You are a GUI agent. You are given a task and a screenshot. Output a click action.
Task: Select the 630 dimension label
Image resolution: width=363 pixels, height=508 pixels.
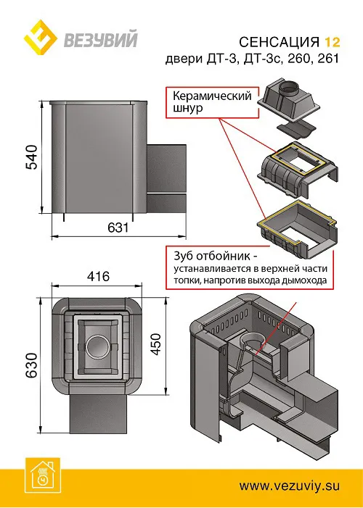coord(31,362)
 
